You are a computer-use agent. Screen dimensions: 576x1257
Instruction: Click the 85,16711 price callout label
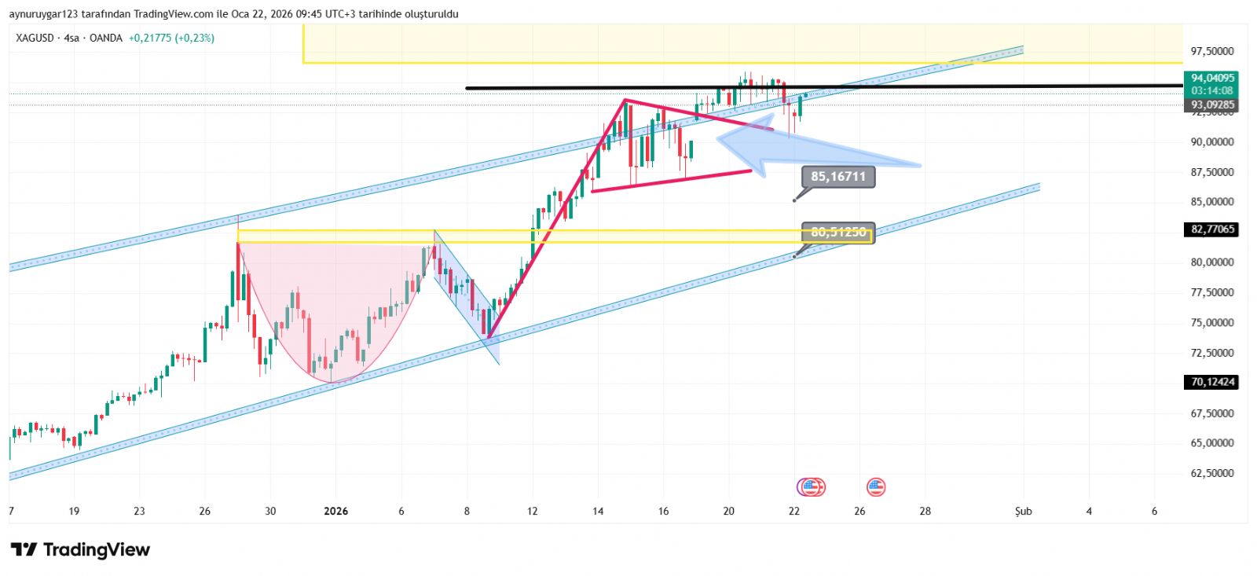837,177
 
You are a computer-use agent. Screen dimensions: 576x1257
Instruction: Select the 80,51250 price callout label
837,233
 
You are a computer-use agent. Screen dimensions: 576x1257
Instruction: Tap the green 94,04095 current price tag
1212,78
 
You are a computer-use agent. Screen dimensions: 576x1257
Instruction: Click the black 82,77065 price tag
1212,229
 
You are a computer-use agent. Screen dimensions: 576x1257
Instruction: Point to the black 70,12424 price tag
1212,382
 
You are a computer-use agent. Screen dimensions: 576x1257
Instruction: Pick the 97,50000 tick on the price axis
1212,51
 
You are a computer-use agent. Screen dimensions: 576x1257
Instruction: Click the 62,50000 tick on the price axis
1212,473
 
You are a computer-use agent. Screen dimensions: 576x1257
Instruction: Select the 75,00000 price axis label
1212,322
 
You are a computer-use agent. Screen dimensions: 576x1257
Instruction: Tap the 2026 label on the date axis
335,512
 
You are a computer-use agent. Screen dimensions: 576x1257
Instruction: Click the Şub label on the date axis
1023,512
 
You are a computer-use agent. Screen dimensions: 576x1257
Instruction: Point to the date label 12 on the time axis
533,512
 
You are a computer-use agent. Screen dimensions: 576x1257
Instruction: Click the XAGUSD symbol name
35,38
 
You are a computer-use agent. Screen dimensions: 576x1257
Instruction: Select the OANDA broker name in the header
106,38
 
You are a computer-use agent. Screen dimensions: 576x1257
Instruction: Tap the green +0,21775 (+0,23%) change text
171,38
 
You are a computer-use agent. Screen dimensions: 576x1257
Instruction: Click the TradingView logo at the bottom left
79,549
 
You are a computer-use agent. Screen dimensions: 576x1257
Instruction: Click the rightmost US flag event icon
876,487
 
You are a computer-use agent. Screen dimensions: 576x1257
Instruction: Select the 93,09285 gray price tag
1212,105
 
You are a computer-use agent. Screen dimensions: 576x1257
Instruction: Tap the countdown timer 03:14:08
1212,91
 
